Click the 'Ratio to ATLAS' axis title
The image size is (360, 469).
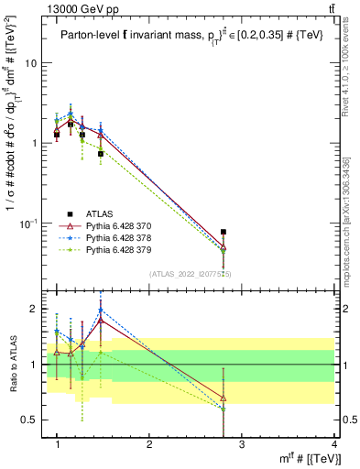tap(15, 364)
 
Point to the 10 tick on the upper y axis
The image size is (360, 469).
tap(30, 63)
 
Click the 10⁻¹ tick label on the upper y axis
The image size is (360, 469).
tap(28, 223)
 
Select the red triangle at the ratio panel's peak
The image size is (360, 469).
tap(101, 320)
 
